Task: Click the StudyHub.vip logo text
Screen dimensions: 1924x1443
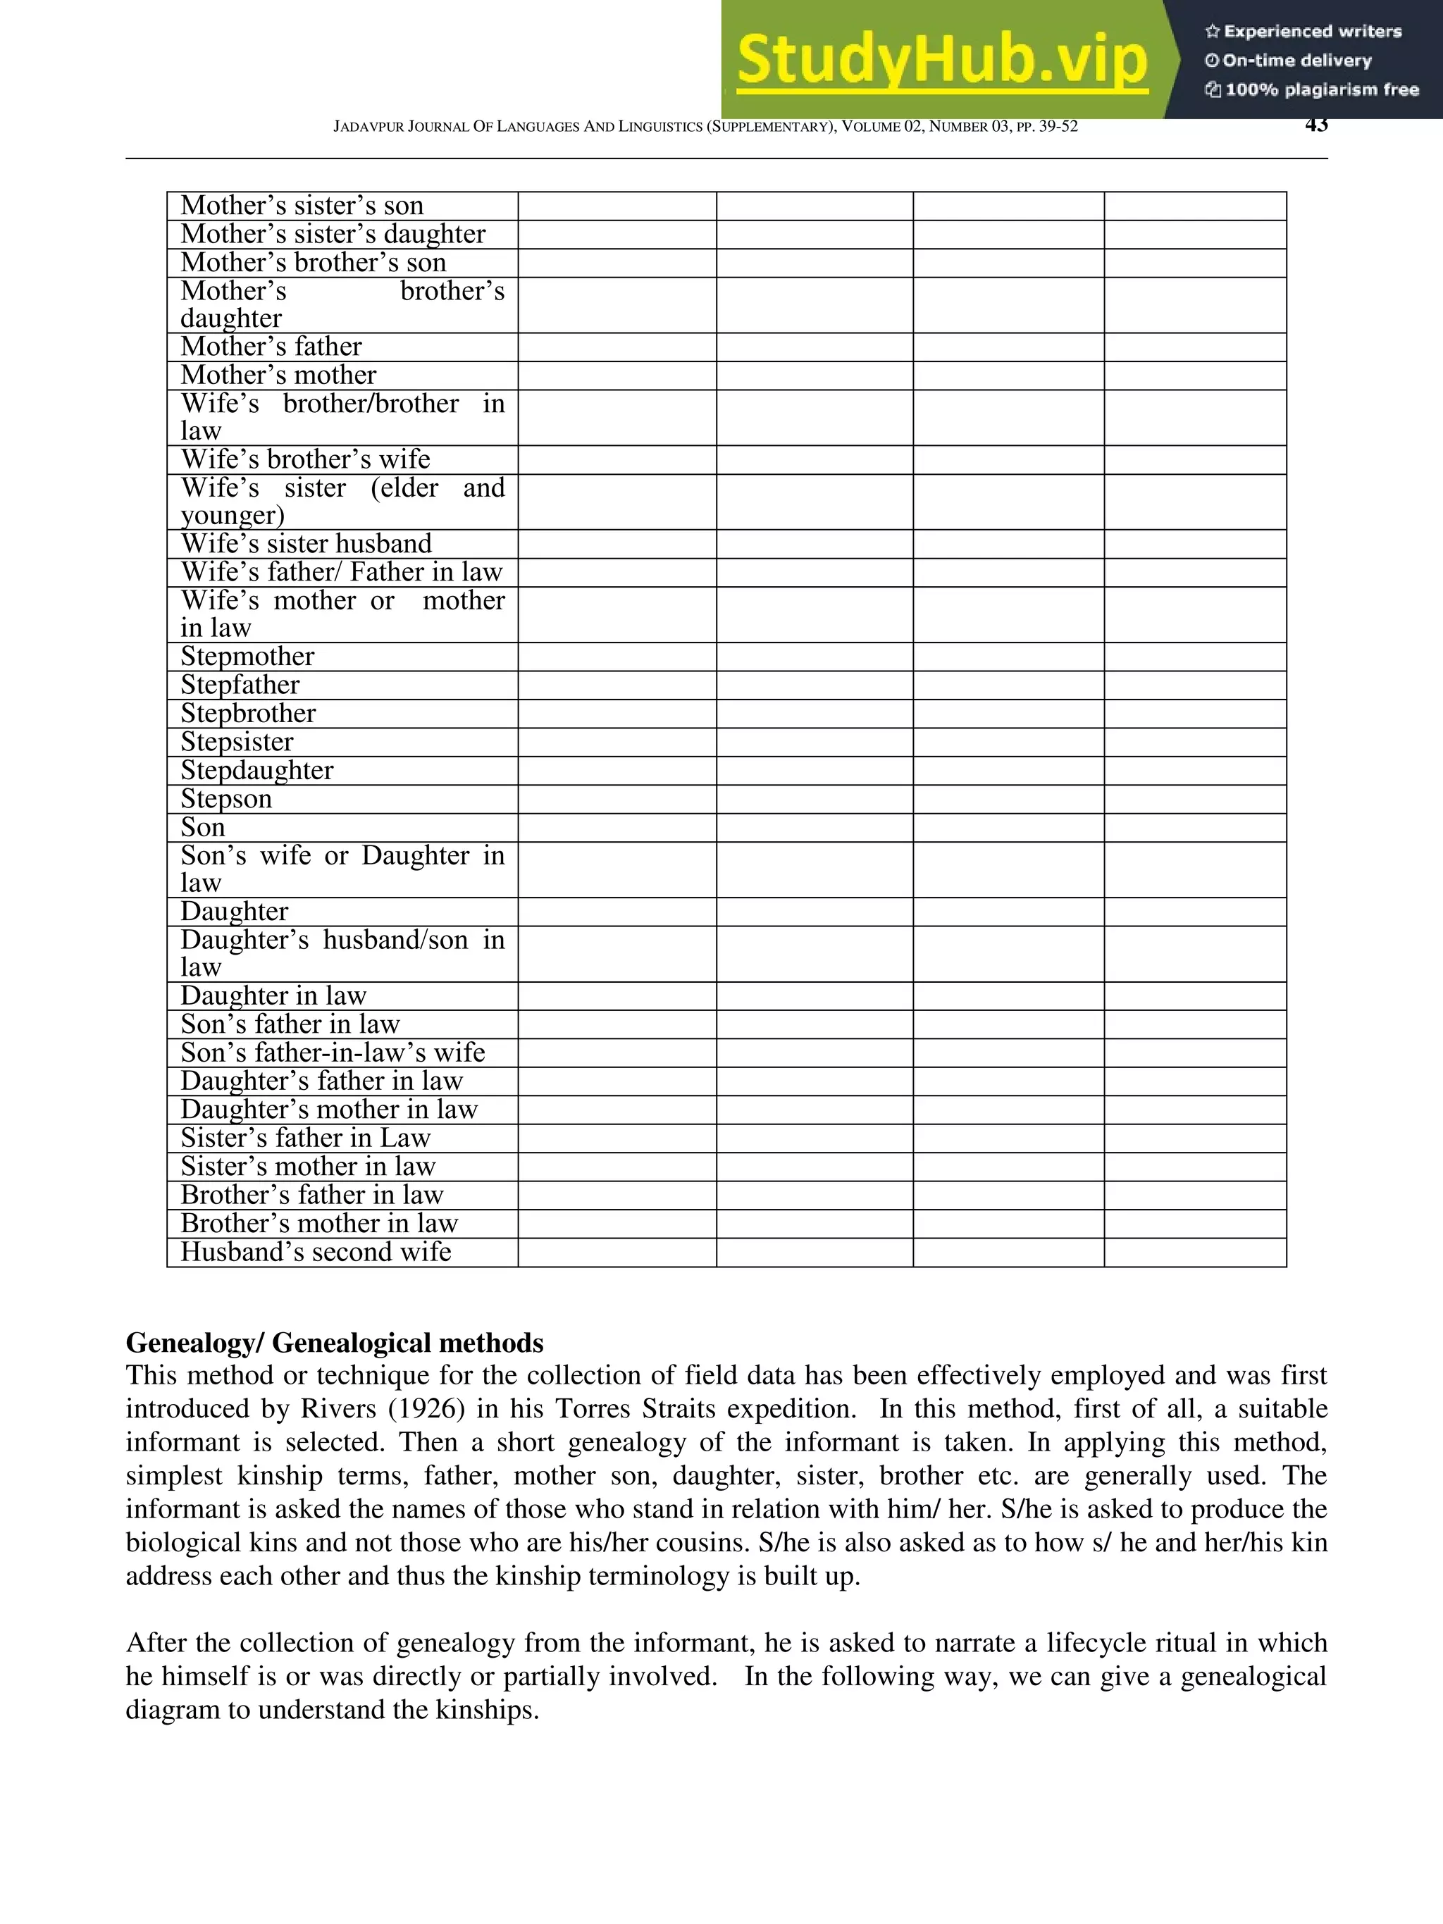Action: point(942,59)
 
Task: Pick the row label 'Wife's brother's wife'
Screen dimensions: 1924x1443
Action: point(305,459)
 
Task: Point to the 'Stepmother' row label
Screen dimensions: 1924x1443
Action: point(247,657)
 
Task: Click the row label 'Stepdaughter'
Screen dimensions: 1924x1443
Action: point(256,771)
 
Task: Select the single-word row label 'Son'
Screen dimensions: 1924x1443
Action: point(203,827)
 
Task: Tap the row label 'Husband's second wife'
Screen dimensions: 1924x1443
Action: point(316,1252)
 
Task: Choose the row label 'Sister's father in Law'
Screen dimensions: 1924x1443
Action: point(305,1138)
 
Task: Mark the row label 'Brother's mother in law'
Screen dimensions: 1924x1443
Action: point(318,1224)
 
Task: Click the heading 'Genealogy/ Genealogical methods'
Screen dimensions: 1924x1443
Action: point(335,1343)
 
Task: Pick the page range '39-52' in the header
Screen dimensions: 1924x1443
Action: point(1058,127)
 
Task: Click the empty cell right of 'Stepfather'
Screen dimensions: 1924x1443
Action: point(617,685)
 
